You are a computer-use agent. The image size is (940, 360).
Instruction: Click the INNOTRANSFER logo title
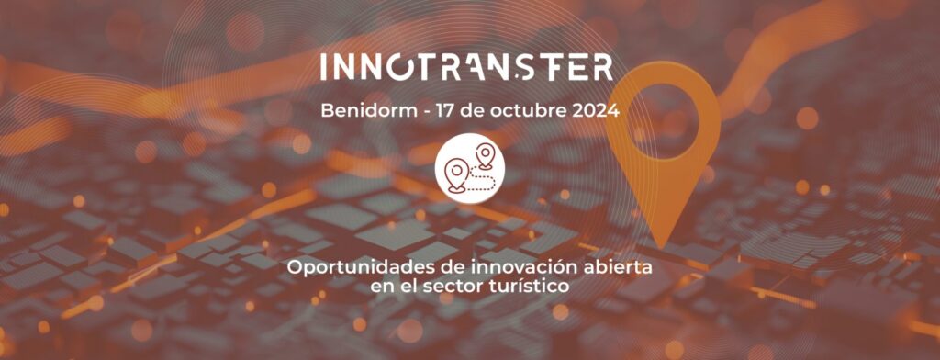pyautogui.click(x=466, y=67)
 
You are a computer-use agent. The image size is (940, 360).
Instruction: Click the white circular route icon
pyautogui.click(x=470, y=168)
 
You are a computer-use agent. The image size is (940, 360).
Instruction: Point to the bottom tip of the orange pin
pyautogui.click(x=661, y=248)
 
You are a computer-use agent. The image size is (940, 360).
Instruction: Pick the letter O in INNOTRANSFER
pyautogui.click(x=397, y=67)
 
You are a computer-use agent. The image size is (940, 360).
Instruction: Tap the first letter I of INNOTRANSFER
pyautogui.click(x=322, y=67)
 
